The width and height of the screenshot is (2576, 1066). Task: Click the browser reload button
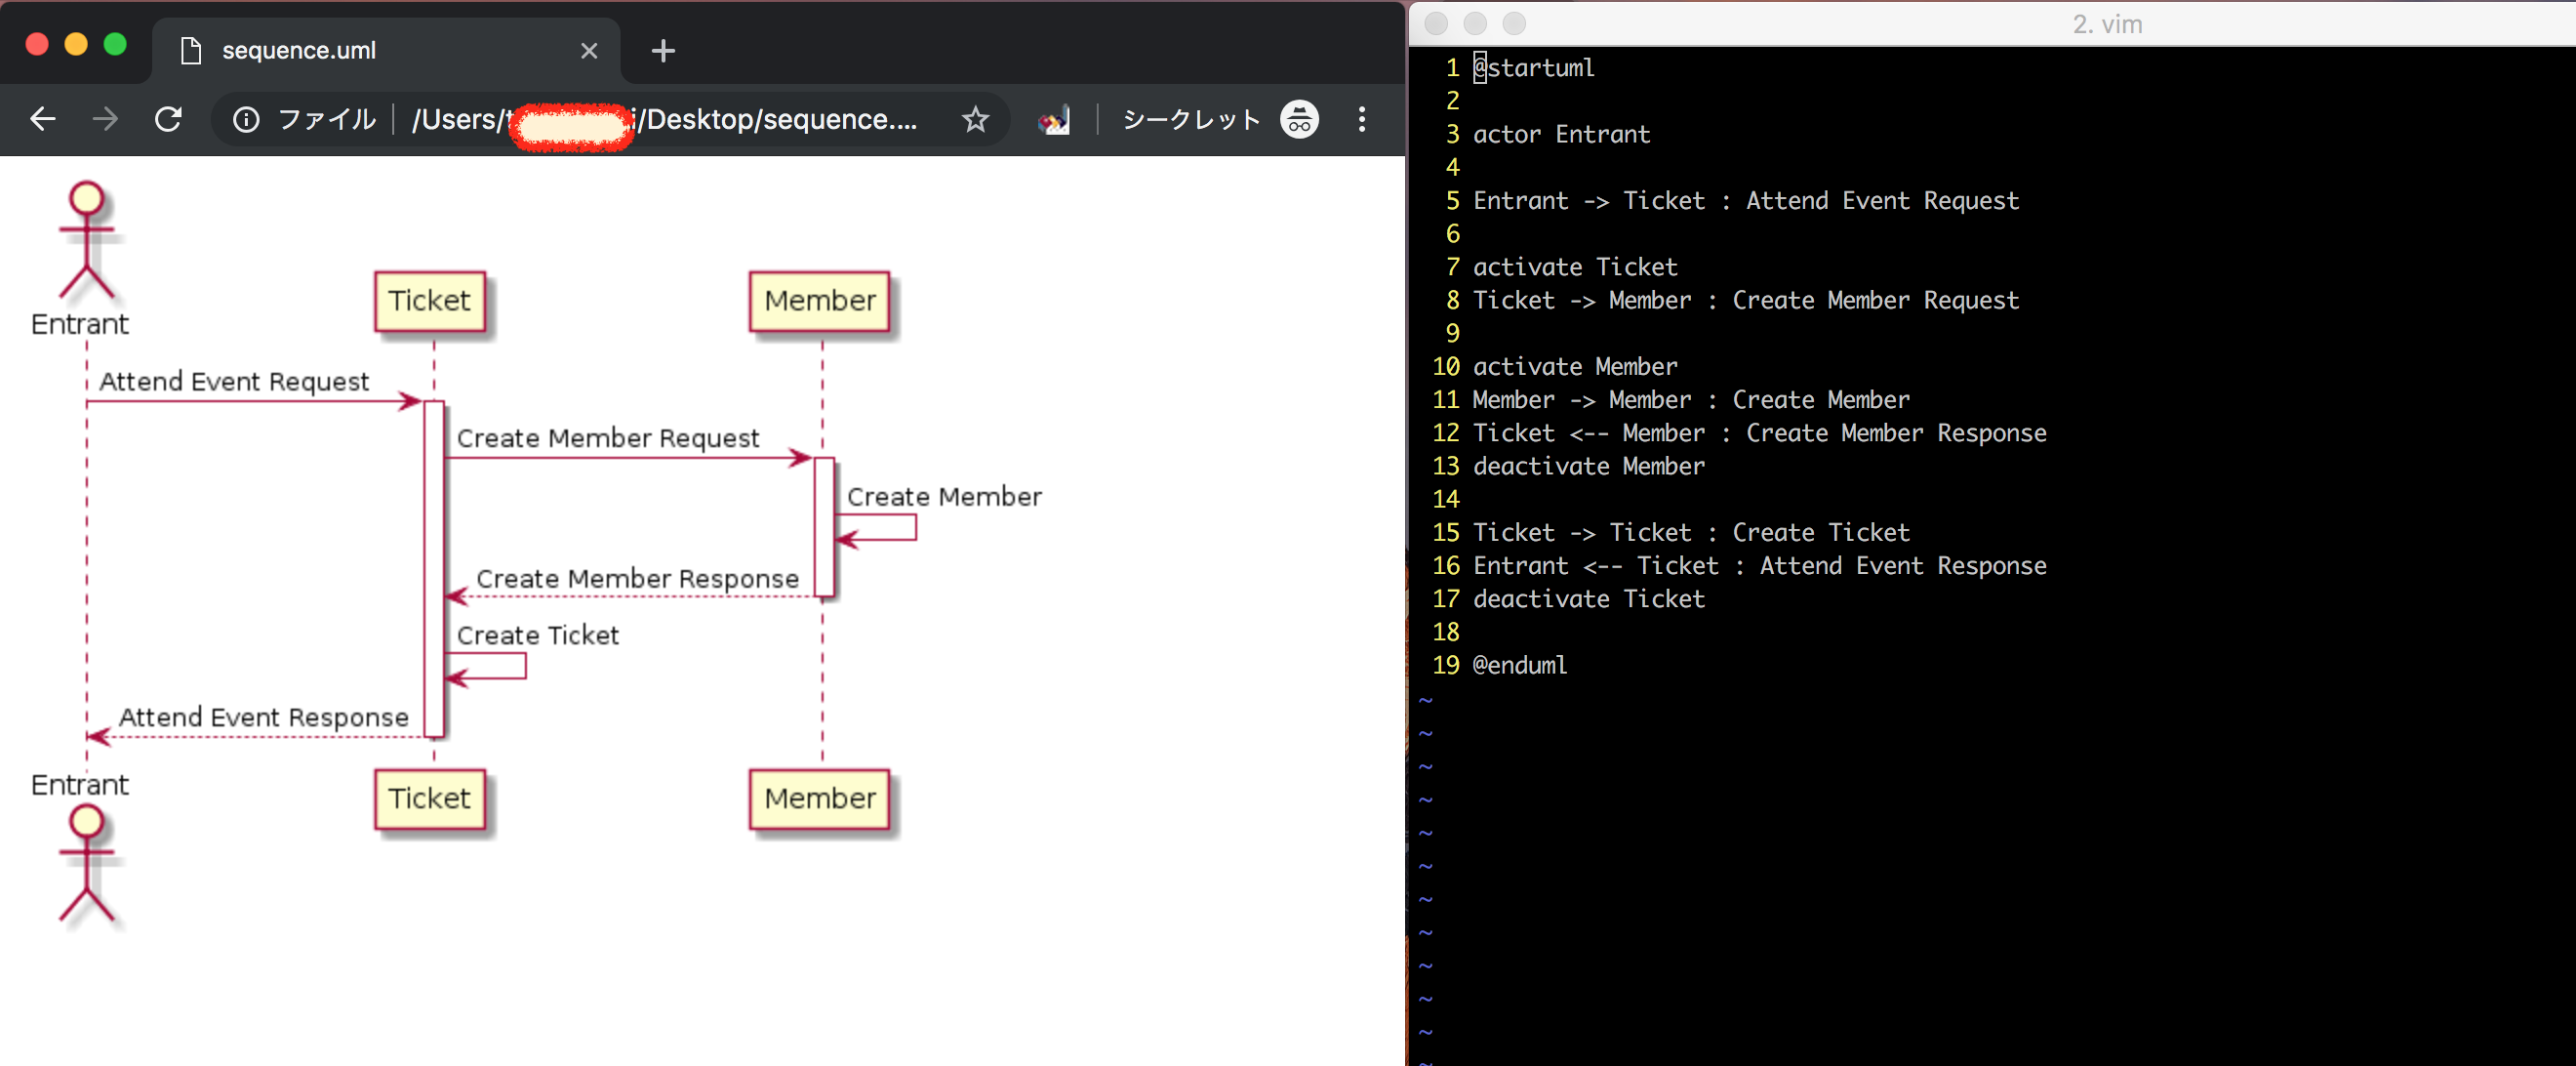point(168,120)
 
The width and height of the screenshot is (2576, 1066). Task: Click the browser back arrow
point(43,120)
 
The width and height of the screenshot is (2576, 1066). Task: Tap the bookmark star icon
point(975,120)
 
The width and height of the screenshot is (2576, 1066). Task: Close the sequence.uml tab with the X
point(589,51)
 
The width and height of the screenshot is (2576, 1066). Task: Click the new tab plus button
point(663,51)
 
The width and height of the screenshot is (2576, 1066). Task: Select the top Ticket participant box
point(429,301)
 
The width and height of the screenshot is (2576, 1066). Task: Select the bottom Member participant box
point(819,798)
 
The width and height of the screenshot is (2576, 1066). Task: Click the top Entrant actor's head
point(87,198)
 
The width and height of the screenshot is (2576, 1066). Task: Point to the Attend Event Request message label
point(234,382)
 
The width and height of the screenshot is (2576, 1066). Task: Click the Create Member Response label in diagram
point(637,579)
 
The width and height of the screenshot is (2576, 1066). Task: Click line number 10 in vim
point(1445,367)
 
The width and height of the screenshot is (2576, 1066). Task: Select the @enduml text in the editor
point(1519,666)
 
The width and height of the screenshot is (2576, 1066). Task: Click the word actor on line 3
point(1506,135)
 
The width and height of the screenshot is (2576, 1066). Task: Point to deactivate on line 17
point(1540,599)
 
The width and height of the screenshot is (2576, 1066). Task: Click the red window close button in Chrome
point(37,45)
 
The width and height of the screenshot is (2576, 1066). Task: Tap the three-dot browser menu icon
point(1361,120)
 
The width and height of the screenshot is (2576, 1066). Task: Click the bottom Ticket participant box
point(429,798)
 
